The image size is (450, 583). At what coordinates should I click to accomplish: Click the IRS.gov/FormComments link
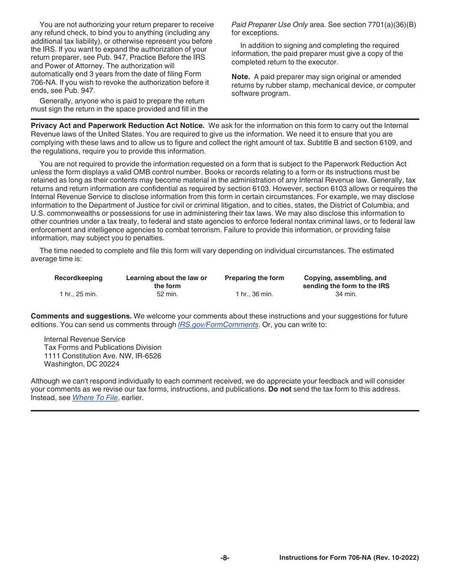218,325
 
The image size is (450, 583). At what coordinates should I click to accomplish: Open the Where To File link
95,398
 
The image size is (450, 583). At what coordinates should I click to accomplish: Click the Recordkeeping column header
78,278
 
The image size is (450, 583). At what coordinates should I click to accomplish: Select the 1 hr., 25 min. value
78,294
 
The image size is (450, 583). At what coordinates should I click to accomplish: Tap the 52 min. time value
167,294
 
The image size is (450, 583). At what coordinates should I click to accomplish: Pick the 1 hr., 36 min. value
254,294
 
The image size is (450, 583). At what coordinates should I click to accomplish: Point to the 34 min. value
346,294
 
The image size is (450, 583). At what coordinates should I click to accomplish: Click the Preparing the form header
254,278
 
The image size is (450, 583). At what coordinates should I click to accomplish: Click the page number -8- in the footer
225,558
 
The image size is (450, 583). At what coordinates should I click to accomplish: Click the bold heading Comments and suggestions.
81,316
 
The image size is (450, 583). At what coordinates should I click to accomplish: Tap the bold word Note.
241,77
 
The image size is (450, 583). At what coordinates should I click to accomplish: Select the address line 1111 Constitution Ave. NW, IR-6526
102,356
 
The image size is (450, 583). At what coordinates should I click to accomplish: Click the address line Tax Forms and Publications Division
102,347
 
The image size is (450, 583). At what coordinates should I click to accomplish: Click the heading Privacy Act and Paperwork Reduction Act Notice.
117,126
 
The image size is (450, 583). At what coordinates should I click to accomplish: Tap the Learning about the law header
166,278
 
